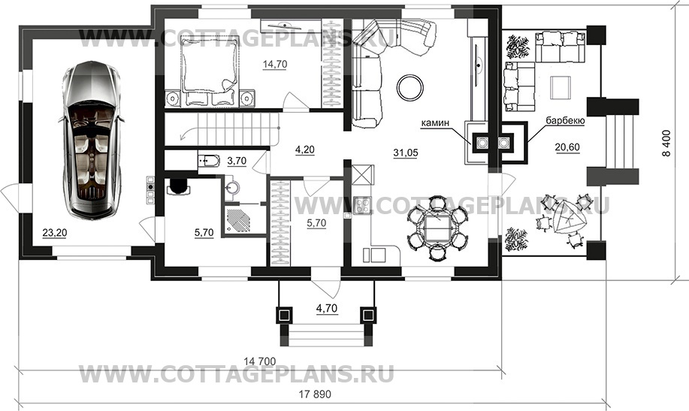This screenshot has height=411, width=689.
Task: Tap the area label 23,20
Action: pyautogui.click(x=55, y=232)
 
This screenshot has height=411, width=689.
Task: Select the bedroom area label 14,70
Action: pyautogui.click(x=275, y=64)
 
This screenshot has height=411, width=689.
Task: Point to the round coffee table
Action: pyautogui.click(x=410, y=87)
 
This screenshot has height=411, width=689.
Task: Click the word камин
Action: pyautogui.click(x=435, y=123)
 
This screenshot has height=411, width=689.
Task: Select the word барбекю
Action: pyautogui.click(x=565, y=120)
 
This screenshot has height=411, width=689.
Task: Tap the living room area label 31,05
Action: pyautogui.click(x=406, y=153)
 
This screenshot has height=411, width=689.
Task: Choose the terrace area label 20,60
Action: pyautogui.click(x=567, y=148)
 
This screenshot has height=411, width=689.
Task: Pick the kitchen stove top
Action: pyautogui.click(x=362, y=206)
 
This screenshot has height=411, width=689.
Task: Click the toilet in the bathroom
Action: pyautogui.click(x=208, y=162)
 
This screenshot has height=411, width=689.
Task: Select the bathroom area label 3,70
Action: pyautogui.click(x=237, y=161)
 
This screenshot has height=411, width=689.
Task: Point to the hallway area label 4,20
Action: pyautogui.click(x=304, y=150)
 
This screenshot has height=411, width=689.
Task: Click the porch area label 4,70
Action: pyautogui.click(x=327, y=308)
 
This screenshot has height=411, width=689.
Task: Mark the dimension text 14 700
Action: pyautogui.click(x=260, y=361)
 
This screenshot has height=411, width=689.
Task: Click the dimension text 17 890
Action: pyautogui.click(x=315, y=394)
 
